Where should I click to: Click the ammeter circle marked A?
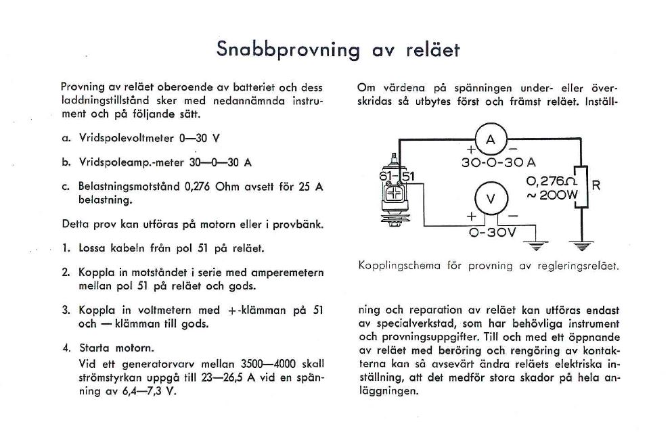pyautogui.click(x=491, y=140)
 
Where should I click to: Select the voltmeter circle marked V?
pyautogui.click(x=492, y=198)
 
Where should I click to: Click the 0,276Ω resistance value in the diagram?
pyautogui.click(x=551, y=181)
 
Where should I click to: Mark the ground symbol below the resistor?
pyautogui.click(x=580, y=244)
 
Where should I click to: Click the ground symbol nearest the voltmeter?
pyautogui.click(x=539, y=244)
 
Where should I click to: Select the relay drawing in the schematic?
pyautogui.click(x=395, y=197)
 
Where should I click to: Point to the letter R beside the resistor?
pyautogui.click(x=596, y=185)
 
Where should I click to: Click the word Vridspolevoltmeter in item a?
pyautogui.click(x=127, y=138)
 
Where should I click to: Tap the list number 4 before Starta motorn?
pyautogui.click(x=66, y=349)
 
